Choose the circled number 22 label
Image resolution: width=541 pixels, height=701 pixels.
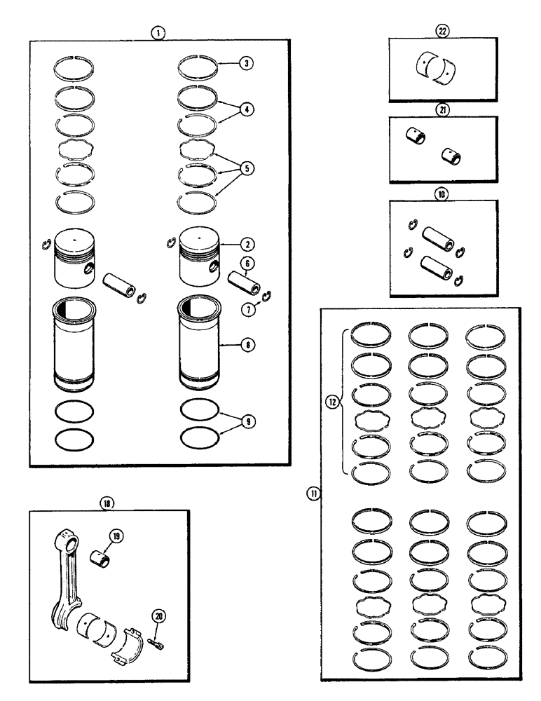click(x=442, y=32)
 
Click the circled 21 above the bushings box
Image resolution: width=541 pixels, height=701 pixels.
click(x=442, y=109)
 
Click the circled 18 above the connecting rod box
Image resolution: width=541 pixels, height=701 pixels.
click(x=107, y=503)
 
